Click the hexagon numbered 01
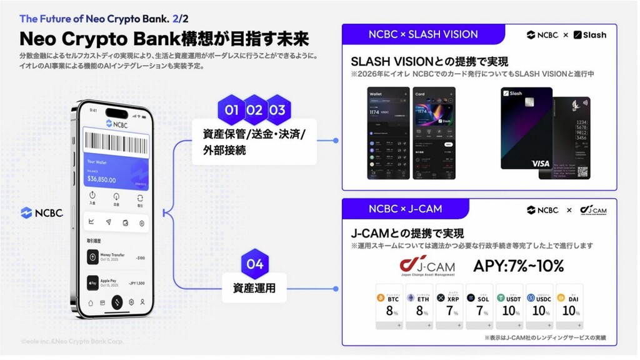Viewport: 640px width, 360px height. (x=232, y=111)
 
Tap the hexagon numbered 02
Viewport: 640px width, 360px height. (x=254, y=111)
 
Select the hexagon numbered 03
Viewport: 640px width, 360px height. (x=277, y=111)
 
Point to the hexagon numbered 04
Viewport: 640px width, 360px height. (x=255, y=264)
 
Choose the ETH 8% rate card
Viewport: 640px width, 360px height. (x=419, y=306)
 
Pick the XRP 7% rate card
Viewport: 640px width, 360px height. (x=449, y=306)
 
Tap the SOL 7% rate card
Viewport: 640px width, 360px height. (x=479, y=306)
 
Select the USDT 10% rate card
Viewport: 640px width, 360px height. (x=509, y=306)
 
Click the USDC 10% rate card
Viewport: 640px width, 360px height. (x=539, y=306)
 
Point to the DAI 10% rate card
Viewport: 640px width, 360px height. (x=569, y=306)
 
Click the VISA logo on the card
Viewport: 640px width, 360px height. (x=540, y=163)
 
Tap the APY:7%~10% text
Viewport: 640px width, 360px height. (x=519, y=266)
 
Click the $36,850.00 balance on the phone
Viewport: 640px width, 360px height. (x=102, y=179)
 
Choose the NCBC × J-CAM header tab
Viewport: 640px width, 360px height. (x=406, y=209)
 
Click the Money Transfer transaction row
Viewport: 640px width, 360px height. (x=117, y=256)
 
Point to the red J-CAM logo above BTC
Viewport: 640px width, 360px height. (x=427, y=266)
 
